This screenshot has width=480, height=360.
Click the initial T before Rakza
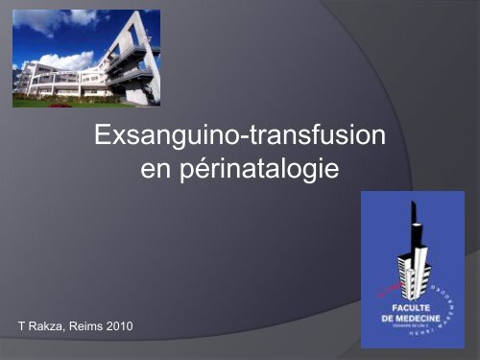tap(23, 329)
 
